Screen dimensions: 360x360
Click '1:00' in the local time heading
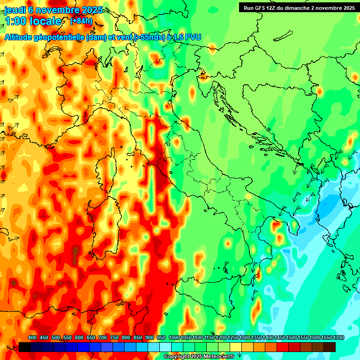pos(15,22)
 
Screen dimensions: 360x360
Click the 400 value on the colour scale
pos(32,338)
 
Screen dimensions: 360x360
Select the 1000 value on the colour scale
pos(174,338)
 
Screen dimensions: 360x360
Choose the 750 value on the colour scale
pos(114,338)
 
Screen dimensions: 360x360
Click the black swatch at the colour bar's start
pos(24,347)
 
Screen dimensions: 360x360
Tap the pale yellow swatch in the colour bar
pos(235,347)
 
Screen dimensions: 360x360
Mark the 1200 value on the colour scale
pos(221,338)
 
